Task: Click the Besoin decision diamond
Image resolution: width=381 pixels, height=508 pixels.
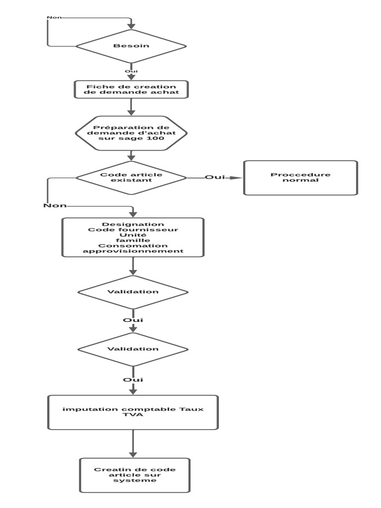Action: pyautogui.click(x=131, y=46)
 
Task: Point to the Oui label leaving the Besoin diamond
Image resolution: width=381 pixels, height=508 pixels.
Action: pyautogui.click(x=131, y=71)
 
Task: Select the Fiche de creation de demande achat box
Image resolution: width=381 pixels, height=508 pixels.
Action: pyautogui.click(x=131, y=89)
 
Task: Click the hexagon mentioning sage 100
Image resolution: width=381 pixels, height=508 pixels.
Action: pyautogui.click(x=131, y=133)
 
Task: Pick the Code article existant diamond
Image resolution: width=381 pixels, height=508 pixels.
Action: pyautogui.click(x=131, y=178)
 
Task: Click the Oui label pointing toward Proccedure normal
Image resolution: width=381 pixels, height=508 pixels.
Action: pyautogui.click(x=214, y=177)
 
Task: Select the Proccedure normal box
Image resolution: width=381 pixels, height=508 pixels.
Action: pyautogui.click(x=300, y=178)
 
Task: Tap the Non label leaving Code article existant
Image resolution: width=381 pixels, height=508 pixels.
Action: pyautogui.click(x=55, y=205)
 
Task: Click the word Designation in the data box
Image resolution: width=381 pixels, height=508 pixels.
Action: pyautogui.click(x=133, y=224)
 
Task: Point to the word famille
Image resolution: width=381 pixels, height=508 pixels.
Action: pyautogui.click(x=133, y=240)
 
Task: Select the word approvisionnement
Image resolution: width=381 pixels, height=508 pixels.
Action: pyautogui.click(x=133, y=251)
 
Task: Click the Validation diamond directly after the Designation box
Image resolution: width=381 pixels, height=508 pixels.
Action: pyautogui.click(x=133, y=292)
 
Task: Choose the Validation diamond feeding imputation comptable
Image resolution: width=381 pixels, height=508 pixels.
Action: pyautogui.click(x=133, y=349)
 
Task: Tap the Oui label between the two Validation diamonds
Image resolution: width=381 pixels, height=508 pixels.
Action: pyautogui.click(x=133, y=320)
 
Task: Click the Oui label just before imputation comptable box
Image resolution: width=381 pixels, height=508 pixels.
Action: pyautogui.click(x=133, y=380)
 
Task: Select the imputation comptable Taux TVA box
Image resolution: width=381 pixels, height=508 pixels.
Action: pyautogui.click(x=133, y=412)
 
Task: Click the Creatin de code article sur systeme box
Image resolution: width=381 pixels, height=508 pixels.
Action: pyautogui.click(x=134, y=475)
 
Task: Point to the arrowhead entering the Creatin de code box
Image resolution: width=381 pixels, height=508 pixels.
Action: pyautogui.click(x=133, y=454)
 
